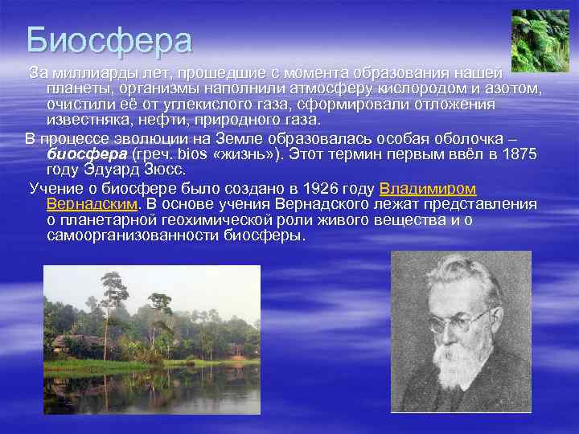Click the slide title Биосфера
tap(109, 40)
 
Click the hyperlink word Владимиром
tap(427, 189)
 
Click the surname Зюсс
tap(164, 170)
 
